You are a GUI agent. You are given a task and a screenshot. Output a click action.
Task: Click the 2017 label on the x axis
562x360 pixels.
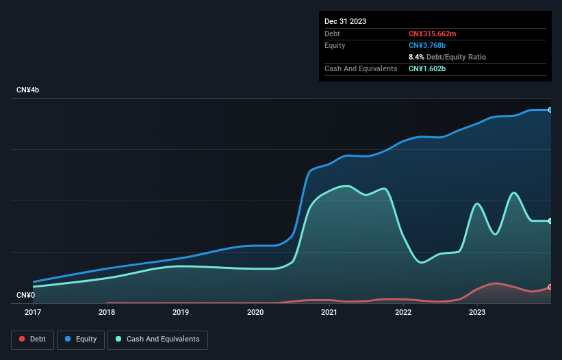click(x=33, y=313)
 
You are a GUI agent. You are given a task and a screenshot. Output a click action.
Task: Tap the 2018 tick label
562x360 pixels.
click(x=107, y=313)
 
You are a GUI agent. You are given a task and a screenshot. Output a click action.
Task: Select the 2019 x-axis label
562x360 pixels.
click(x=181, y=313)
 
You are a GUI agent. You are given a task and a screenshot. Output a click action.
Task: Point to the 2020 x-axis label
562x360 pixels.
click(x=255, y=313)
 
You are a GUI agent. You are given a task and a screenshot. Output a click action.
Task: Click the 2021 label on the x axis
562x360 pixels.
click(x=329, y=313)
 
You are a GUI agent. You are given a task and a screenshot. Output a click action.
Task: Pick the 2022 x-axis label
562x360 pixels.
click(x=403, y=313)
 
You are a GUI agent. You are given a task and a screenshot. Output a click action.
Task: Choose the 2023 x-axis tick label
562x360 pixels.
click(x=477, y=313)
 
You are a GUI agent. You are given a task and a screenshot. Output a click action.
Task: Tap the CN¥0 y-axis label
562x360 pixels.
click(x=26, y=295)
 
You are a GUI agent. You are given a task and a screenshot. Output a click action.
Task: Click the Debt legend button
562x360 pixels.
click(x=33, y=339)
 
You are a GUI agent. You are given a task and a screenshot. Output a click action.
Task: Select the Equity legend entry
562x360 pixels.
click(x=81, y=339)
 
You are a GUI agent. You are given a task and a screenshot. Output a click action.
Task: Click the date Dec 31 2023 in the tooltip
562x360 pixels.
click(x=345, y=21)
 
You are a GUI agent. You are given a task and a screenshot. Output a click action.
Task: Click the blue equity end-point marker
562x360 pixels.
click(x=550, y=110)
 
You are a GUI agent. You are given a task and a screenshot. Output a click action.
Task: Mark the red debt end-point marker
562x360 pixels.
click(x=550, y=287)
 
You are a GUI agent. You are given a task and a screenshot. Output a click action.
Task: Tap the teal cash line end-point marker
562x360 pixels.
click(x=550, y=221)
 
